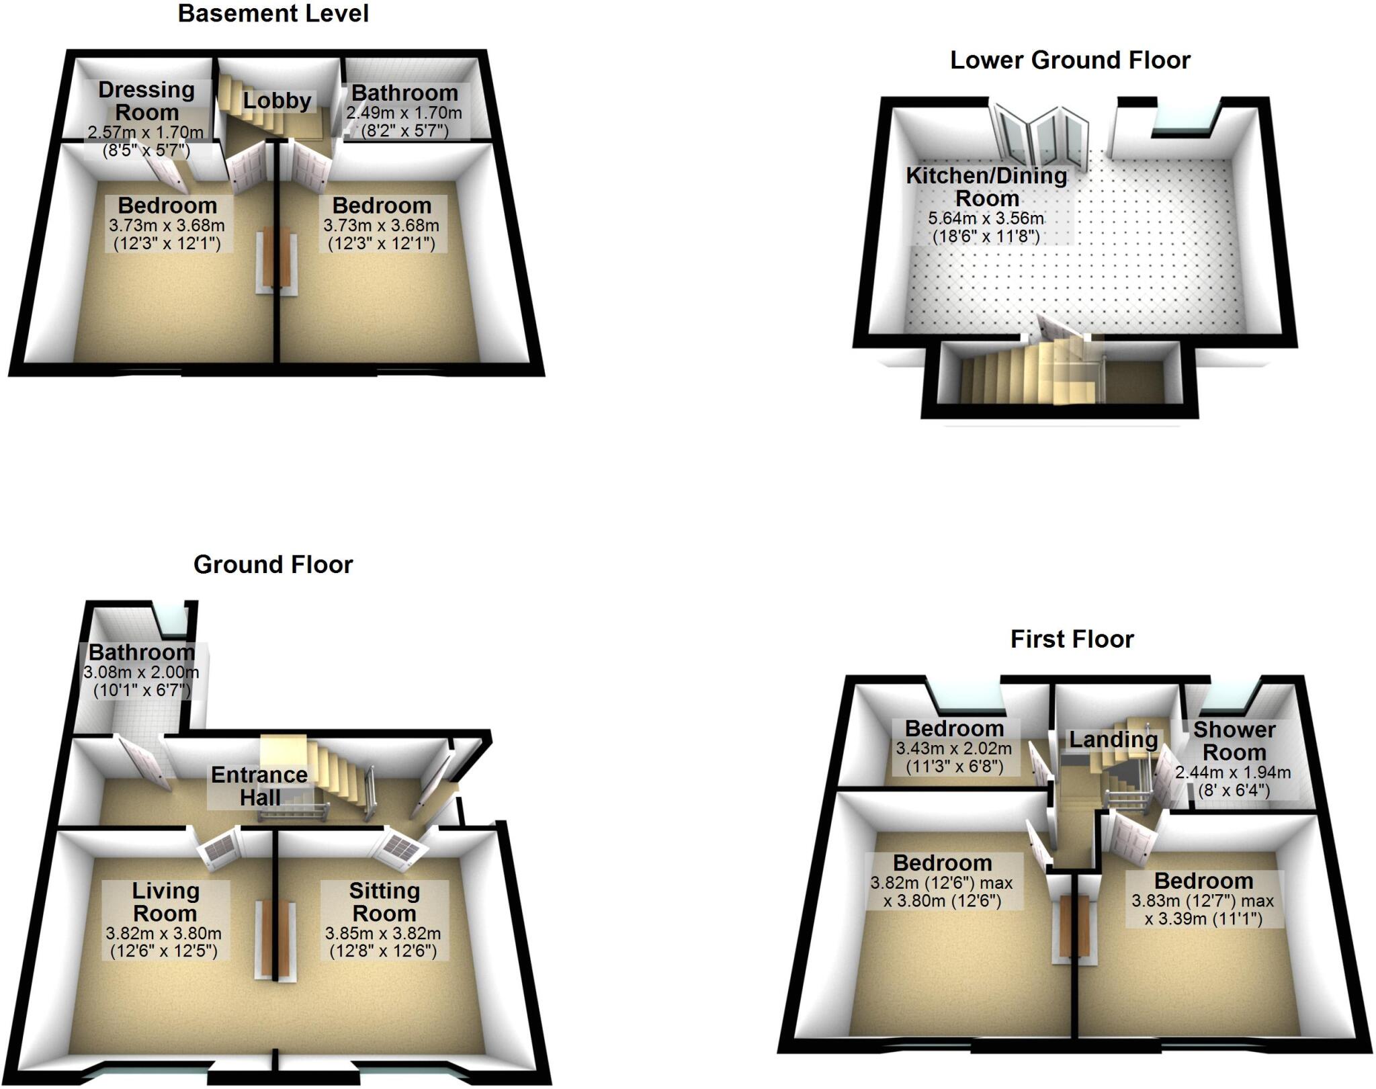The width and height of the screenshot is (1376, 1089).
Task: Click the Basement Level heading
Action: [273, 14]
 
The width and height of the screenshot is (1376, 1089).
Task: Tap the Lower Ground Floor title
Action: [1070, 60]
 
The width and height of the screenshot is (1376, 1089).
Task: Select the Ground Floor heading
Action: [273, 564]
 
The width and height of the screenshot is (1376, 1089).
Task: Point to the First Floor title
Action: [1072, 639]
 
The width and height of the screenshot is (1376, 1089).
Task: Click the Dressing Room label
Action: [146, 101]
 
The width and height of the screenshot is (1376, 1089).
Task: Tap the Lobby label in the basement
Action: [277, 101]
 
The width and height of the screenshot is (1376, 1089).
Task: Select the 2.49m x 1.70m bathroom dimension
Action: [404, 113]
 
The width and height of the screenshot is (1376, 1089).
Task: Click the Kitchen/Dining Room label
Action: [986, 187]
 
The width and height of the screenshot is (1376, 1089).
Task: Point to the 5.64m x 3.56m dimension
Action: [986, 218]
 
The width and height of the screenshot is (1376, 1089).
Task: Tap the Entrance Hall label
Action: [259, 786]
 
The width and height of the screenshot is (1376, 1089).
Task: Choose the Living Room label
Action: [165, 902]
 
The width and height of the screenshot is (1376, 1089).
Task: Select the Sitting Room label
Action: [384, 902]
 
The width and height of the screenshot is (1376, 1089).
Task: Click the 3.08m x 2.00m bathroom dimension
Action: [141, 672]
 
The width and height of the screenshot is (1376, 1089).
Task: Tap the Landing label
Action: [1113, 740]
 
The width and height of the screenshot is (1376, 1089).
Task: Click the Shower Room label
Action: [1234, 740]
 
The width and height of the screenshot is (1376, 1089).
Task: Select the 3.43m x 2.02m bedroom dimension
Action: [953, 748]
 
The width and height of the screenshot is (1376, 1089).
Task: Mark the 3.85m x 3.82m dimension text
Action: [383, 934]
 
